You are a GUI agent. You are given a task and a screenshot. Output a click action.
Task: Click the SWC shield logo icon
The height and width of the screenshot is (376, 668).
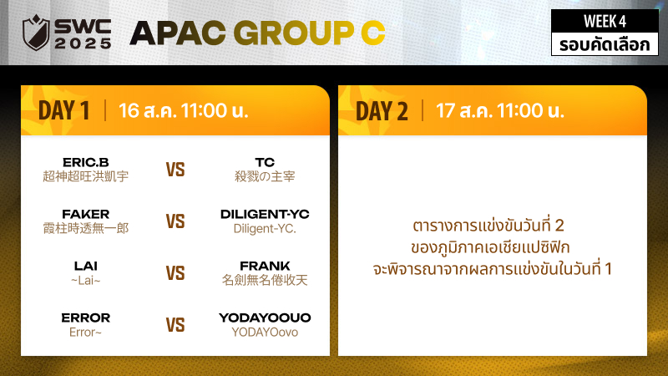point(36,33)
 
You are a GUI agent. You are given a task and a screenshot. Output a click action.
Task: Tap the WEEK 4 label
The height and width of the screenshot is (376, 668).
point(605,21)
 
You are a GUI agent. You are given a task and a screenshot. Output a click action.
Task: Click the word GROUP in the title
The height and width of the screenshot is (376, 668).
point(294,33)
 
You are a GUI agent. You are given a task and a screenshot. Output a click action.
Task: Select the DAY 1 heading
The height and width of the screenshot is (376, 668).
point(64,110)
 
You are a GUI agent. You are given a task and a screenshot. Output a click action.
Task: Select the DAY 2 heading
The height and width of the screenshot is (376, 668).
point(382,111)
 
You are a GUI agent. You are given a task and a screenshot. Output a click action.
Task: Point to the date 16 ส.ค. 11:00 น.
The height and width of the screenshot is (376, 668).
point(183,110)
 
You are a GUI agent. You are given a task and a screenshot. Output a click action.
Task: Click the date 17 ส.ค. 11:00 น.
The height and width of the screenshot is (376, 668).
point(499,110)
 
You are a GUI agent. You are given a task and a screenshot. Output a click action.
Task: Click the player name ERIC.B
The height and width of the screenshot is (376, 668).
point(86,162)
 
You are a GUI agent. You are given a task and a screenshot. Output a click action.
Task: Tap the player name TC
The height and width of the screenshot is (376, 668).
point(265,162)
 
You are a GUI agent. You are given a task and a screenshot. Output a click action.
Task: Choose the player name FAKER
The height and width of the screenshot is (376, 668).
point(86,214)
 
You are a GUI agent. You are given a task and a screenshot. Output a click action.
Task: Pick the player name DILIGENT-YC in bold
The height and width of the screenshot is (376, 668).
point(265,214)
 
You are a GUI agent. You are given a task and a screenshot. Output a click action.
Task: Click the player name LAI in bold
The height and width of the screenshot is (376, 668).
point(86,266)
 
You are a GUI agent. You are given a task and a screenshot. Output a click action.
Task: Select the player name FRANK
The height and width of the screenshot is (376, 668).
point(265,266)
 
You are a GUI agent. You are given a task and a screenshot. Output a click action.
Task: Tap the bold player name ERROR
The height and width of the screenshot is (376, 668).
point(86,318)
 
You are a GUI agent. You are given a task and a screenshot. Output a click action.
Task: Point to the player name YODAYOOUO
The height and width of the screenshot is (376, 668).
point(265,318)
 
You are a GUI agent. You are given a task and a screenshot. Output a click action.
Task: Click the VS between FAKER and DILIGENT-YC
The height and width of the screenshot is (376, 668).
point(175,221)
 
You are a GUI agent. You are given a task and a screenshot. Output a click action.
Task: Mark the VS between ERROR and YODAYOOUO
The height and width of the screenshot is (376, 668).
point(175,325)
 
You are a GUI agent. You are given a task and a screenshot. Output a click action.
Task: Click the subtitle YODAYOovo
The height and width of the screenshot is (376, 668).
point(265,332)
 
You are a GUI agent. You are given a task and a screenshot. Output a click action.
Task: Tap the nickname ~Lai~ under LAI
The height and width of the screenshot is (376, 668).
point(86,280)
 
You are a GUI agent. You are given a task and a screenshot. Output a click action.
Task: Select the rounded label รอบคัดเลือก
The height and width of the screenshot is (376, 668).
point(605,44)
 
